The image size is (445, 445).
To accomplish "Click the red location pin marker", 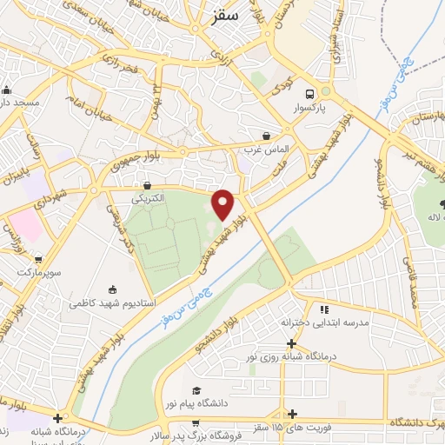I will click(223, 203).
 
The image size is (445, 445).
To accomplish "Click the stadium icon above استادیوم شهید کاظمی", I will click(112, 290).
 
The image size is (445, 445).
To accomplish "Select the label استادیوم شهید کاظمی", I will click(109, 304).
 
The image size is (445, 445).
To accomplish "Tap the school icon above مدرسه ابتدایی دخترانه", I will click(324, 309).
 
